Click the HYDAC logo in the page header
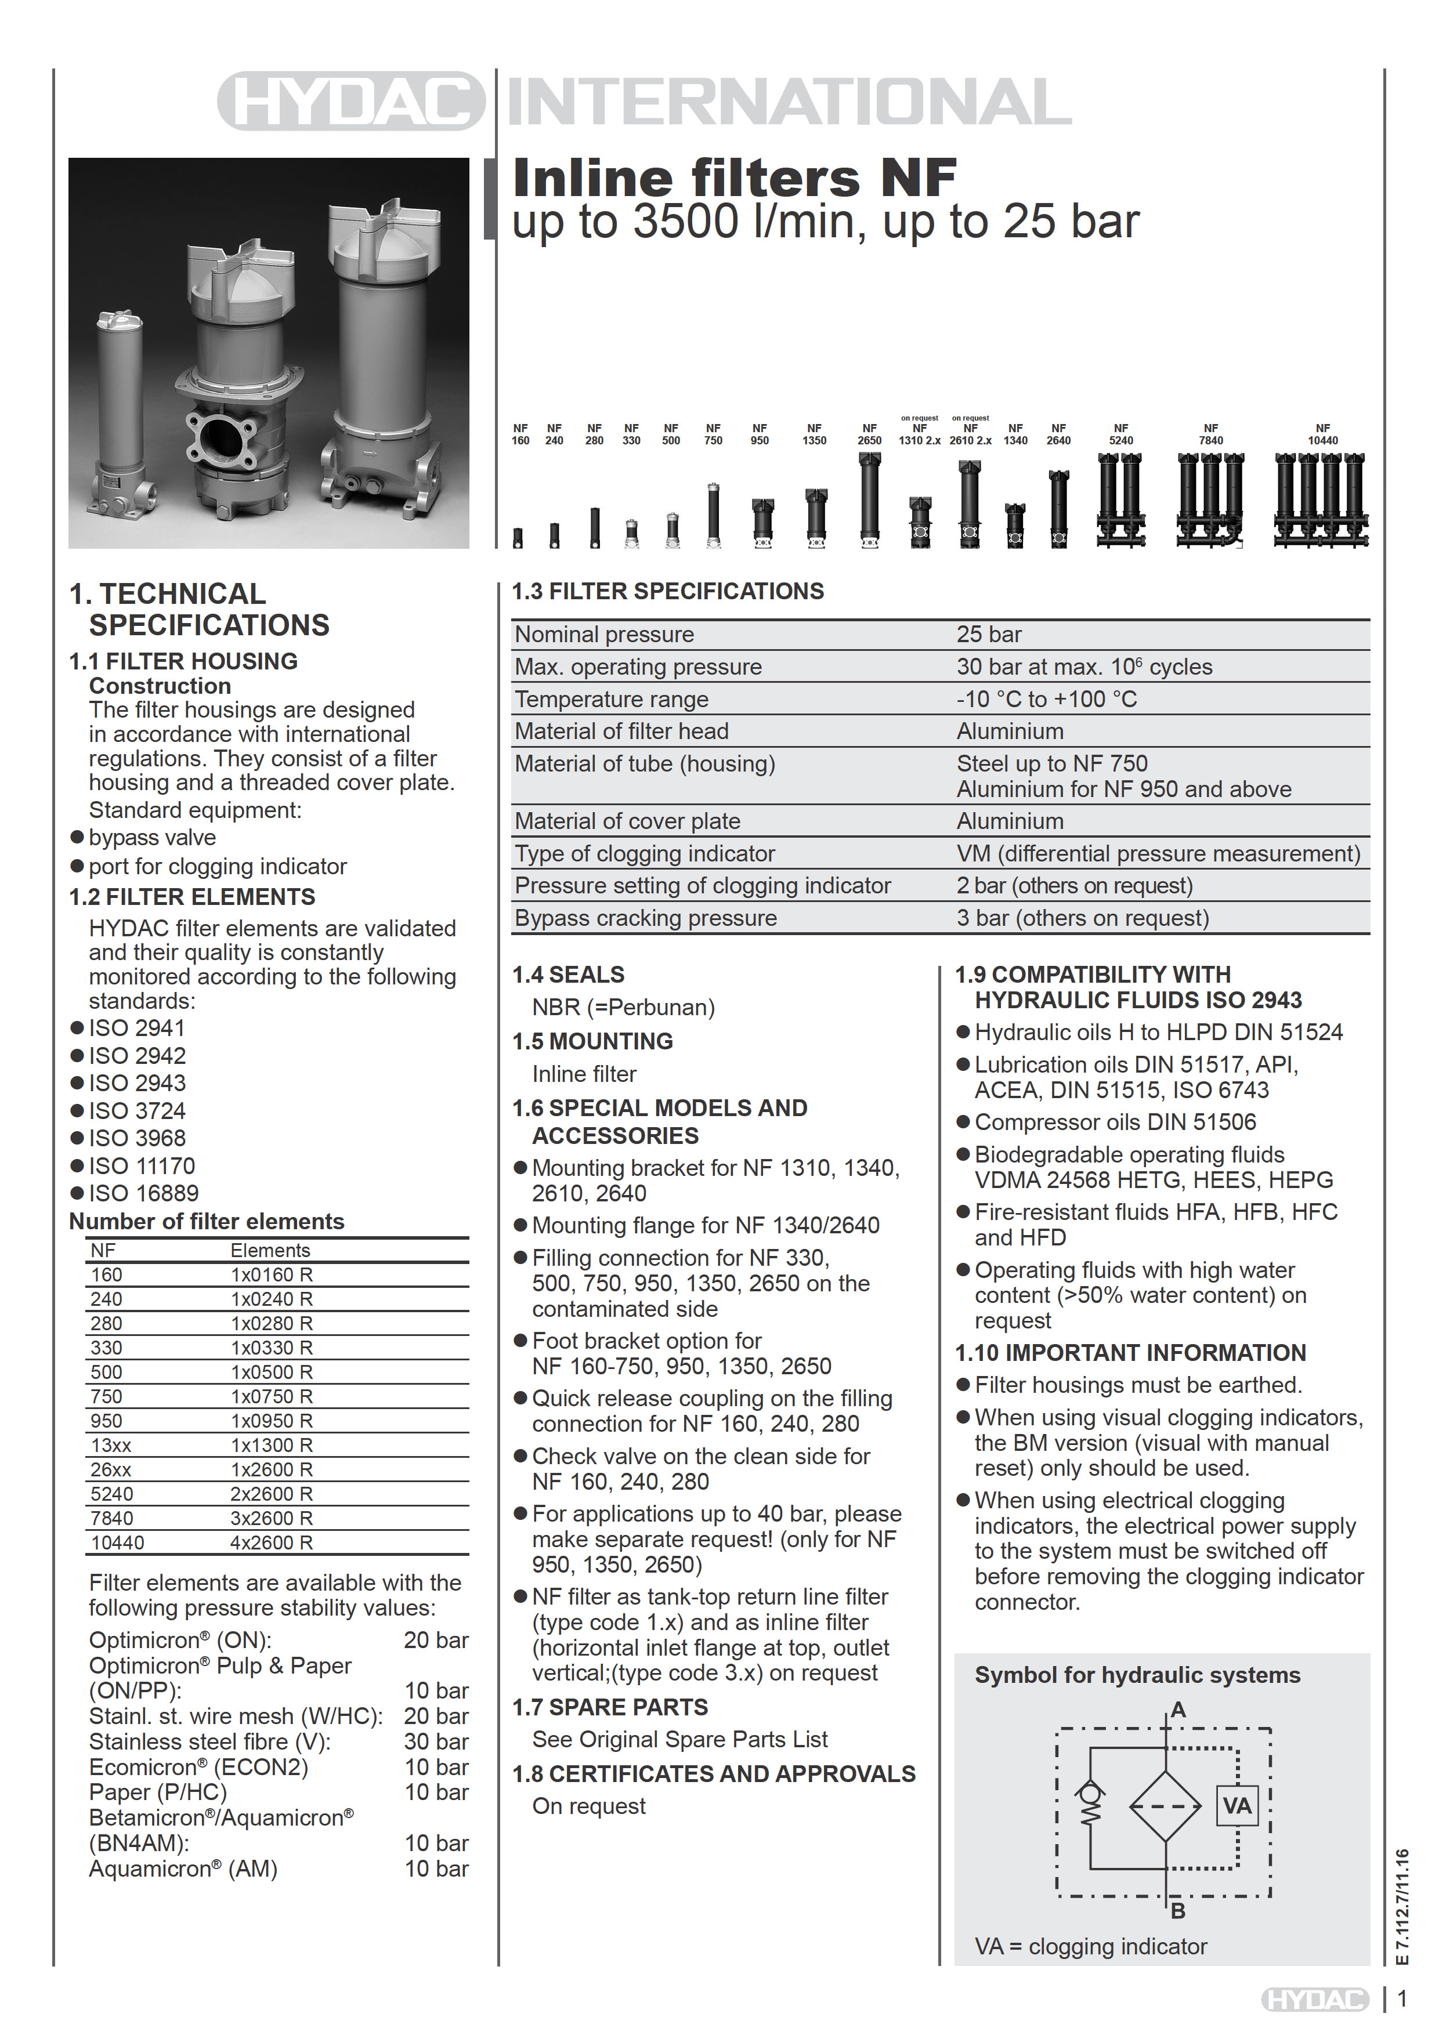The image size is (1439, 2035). coord(351,101)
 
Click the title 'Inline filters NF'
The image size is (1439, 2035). coord(734,178)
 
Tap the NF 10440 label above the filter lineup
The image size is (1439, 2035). coord(1322,434)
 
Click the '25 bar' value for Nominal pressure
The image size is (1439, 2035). coord(989,635)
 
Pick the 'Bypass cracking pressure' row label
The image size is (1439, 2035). coord(645,918)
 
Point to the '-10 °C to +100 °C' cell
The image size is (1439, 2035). coord(1046,699)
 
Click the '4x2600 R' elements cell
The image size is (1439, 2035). coord(272,1542)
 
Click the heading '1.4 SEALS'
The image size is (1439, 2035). coord(568,975)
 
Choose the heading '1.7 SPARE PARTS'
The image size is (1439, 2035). coord(610,1707)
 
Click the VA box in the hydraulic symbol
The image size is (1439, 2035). coord(1237,1805)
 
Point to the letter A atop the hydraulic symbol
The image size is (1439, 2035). coord(1177,1710)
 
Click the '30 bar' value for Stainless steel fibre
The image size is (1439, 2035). coord(436,1741)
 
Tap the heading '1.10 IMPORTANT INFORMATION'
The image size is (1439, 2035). coord(1130,1353)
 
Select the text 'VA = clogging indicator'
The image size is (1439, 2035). coord(1090,1946)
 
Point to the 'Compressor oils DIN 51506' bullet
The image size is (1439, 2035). coord(1115,1122)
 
